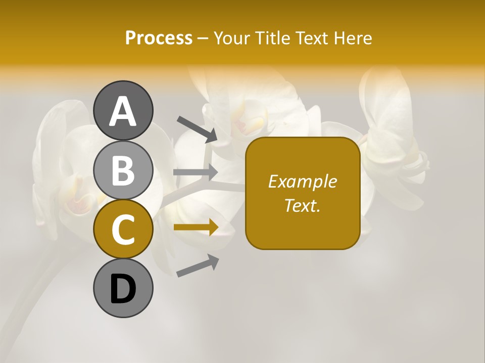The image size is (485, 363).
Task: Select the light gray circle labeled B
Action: click(123, 170)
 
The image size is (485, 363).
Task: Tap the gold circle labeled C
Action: click(123, 229)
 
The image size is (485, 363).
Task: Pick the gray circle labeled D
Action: click(123, 288)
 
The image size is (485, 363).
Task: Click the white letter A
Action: click(123, 111)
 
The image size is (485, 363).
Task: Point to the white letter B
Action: click(123, 170)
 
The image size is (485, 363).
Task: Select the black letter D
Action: click(123, 289)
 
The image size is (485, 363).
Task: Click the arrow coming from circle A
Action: click(197, 129)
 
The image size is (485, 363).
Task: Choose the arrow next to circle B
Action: click(196, 172)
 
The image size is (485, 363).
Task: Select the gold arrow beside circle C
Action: click(196, 227)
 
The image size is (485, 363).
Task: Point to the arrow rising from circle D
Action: click(198, 266)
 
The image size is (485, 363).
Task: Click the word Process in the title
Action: click(159, 38)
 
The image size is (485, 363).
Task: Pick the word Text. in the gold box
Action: click(302, 205)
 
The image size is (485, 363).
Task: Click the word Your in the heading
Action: click(232, 38)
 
